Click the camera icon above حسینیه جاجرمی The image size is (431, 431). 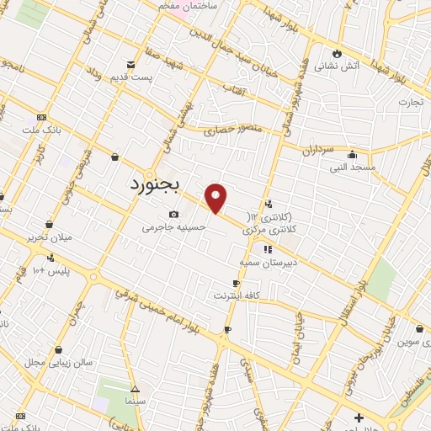coord(174,214)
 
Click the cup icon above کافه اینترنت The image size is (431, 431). coord(237,283)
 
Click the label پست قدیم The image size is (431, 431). coord(129,77)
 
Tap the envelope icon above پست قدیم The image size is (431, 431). coord(130,64)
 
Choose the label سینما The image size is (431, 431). coord(136,402)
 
